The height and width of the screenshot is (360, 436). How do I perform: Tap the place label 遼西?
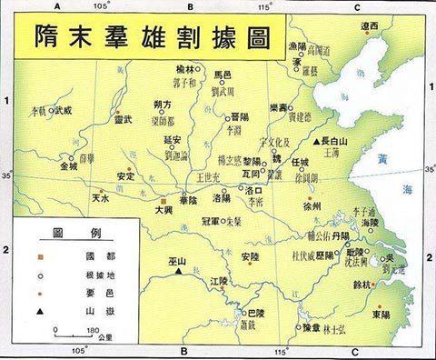coord(370,27)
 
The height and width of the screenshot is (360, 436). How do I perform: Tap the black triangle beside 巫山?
coord(180,271)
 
